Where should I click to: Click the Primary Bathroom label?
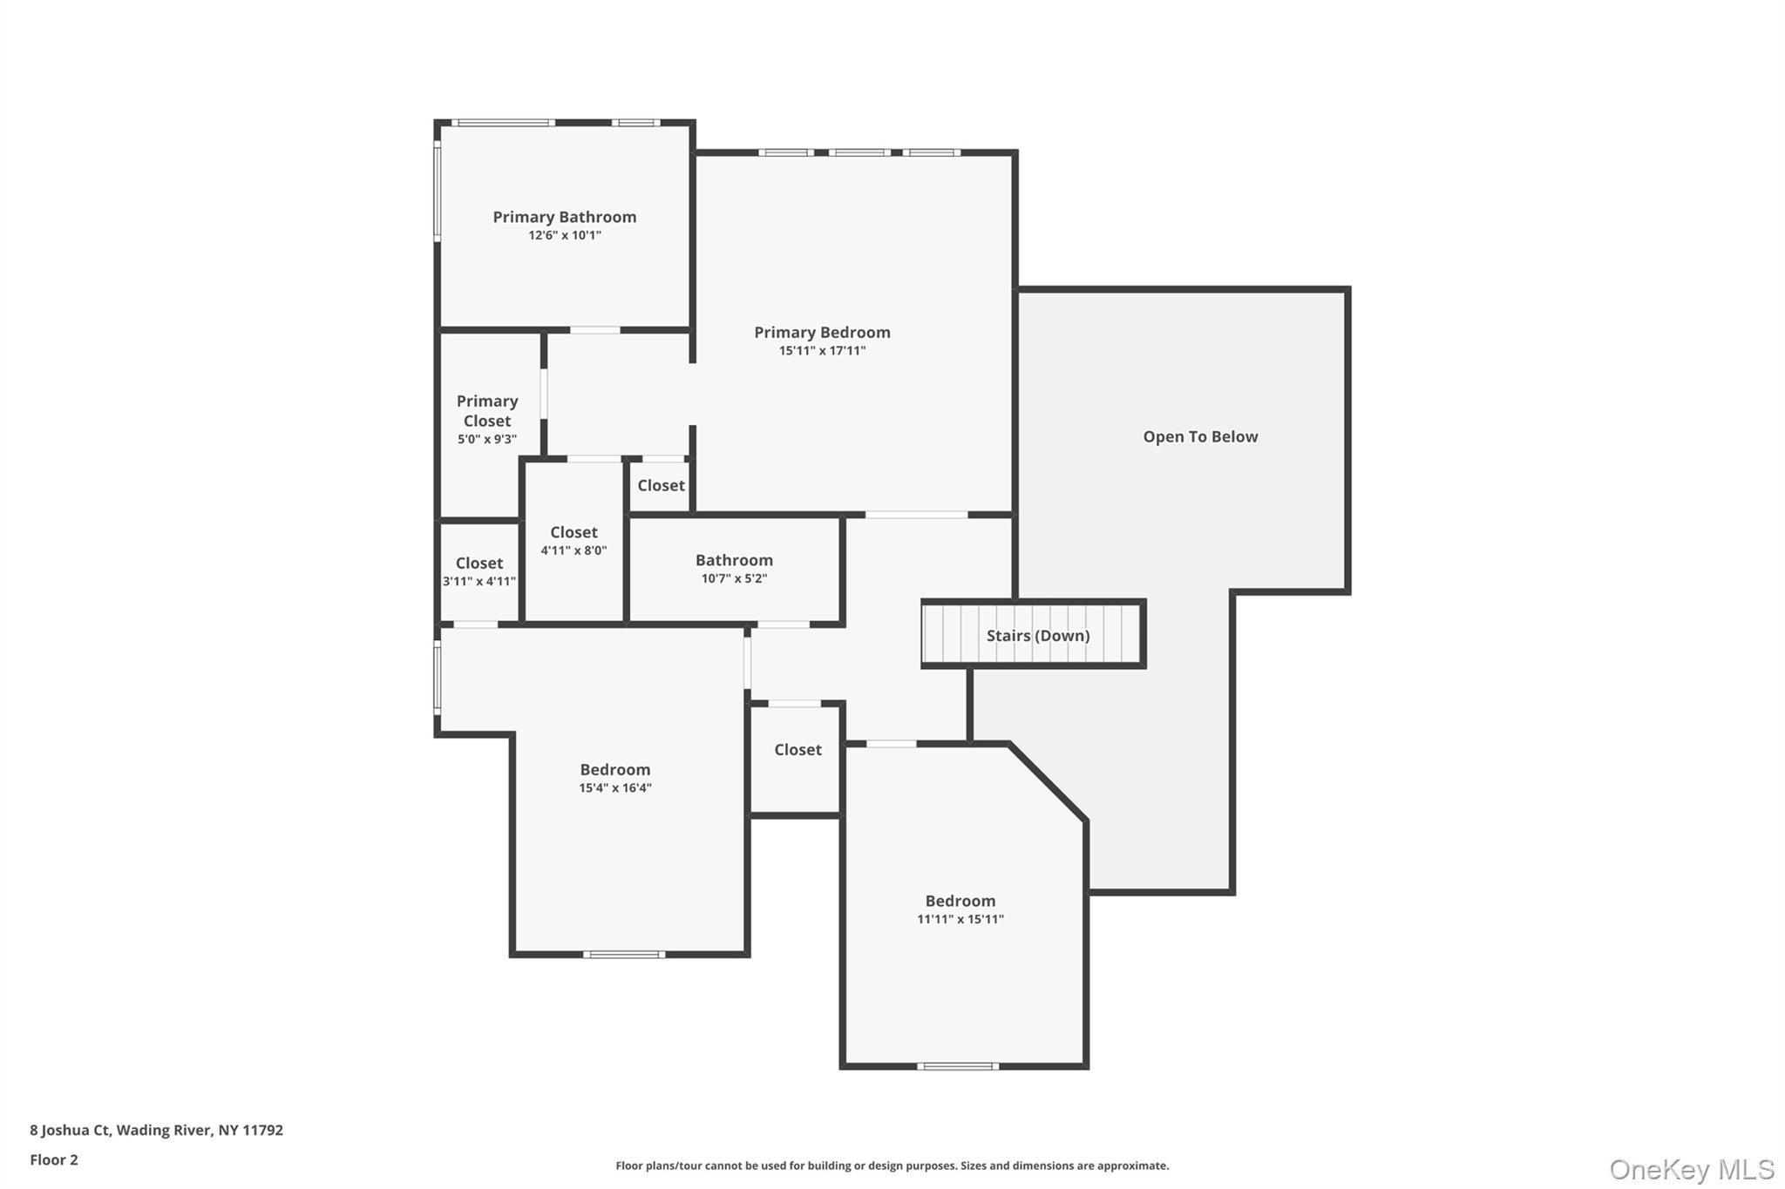point(564,217)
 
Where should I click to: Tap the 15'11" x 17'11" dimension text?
point(822,351)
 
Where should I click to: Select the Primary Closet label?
point(487,410)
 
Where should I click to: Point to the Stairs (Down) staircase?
point(1034,635)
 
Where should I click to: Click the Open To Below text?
point(1200,436)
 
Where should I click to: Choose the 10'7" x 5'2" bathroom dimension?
point(734,578)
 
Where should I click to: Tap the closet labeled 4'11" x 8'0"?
point(574,532)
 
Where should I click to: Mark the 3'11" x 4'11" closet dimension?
point(479,581)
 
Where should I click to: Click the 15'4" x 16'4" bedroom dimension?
point(615,788)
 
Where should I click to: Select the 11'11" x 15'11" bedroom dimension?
point(960,919)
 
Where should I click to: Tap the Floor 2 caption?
point(54,1159)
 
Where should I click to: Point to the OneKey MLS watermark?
point(1691,1169)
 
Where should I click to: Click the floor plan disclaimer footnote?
point(892,1165)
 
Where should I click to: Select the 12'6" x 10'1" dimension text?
point(564,235)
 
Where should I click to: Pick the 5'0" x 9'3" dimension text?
point(487,439)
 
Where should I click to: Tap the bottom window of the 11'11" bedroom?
point(957,1065)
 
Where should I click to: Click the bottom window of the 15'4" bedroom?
point(623,955)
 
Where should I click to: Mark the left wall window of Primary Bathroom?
point(438,192)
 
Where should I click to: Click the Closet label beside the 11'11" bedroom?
point(797,749)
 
